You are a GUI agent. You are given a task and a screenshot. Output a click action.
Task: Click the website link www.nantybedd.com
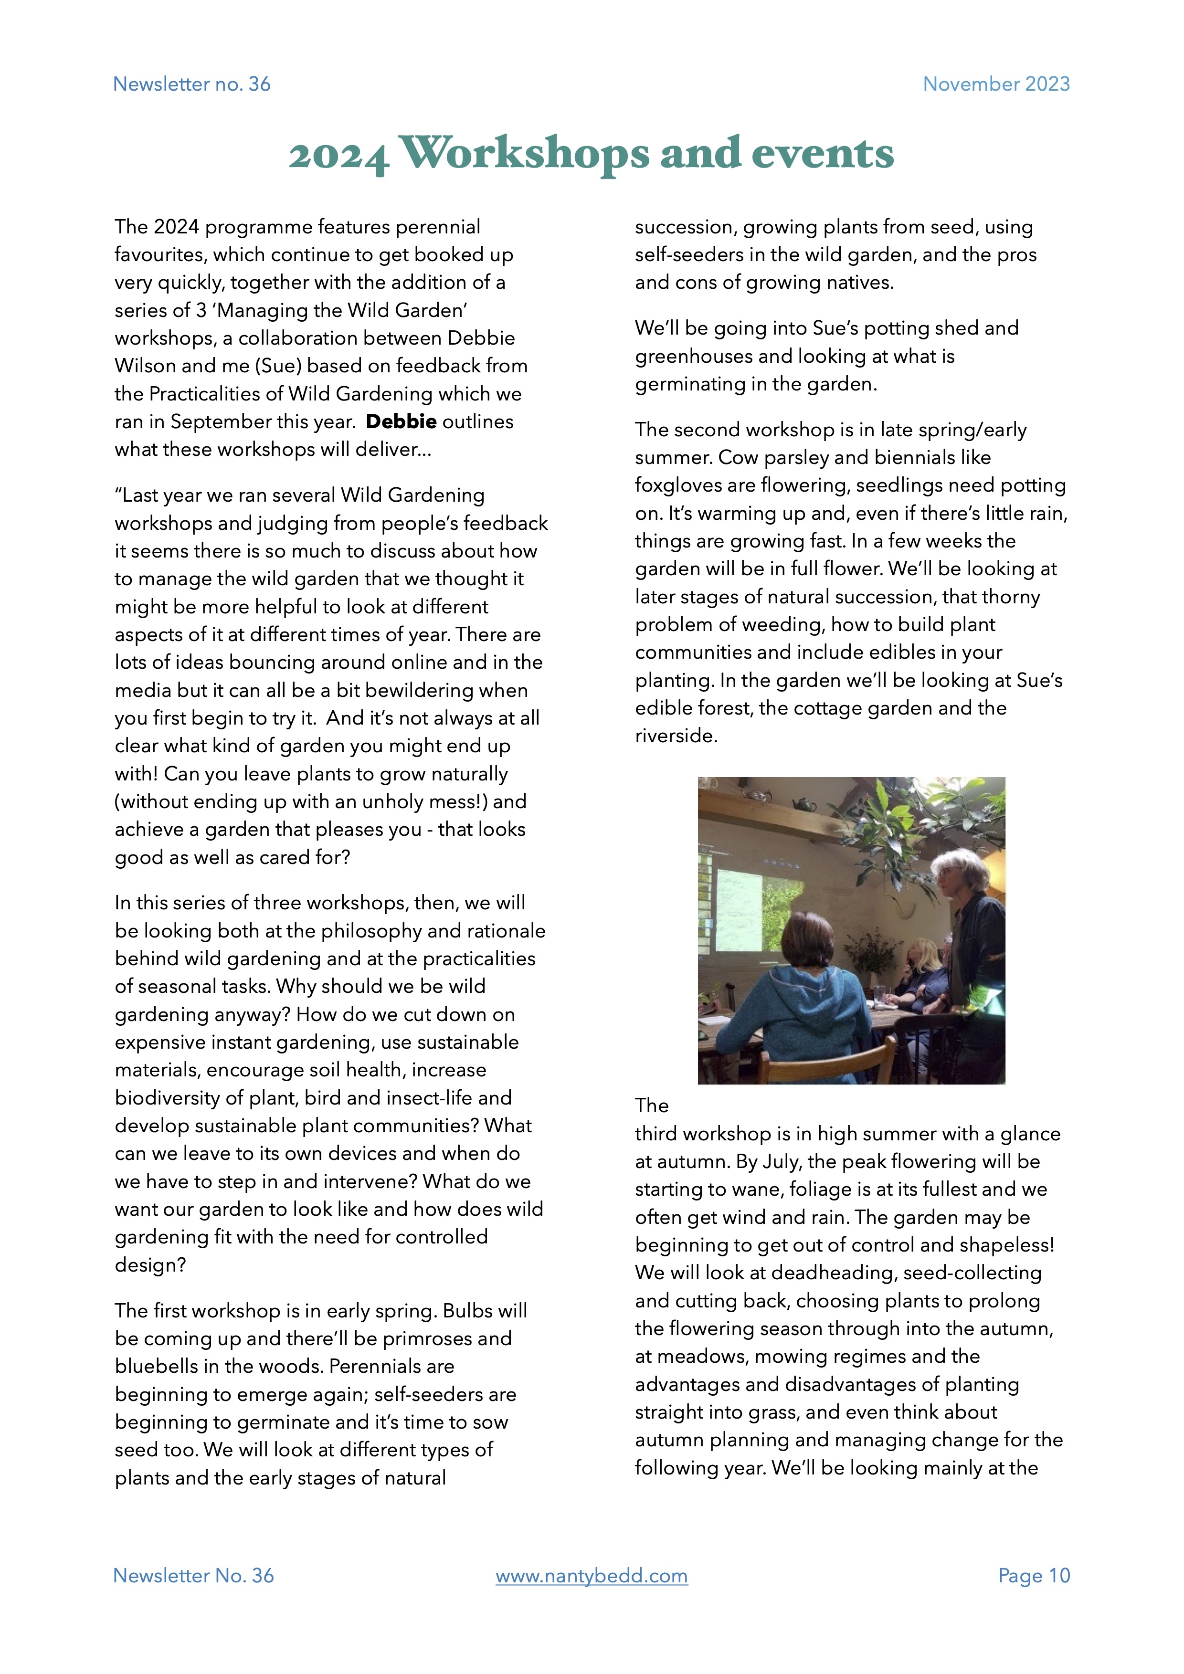point(591,1576)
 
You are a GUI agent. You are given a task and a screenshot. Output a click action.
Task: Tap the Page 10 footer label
point(1034,1576)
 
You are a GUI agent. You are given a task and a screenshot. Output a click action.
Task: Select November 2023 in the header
point(996,84)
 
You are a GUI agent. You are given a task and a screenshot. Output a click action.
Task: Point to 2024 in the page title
point(338,156)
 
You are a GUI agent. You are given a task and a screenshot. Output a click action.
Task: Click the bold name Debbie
point(401,421)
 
